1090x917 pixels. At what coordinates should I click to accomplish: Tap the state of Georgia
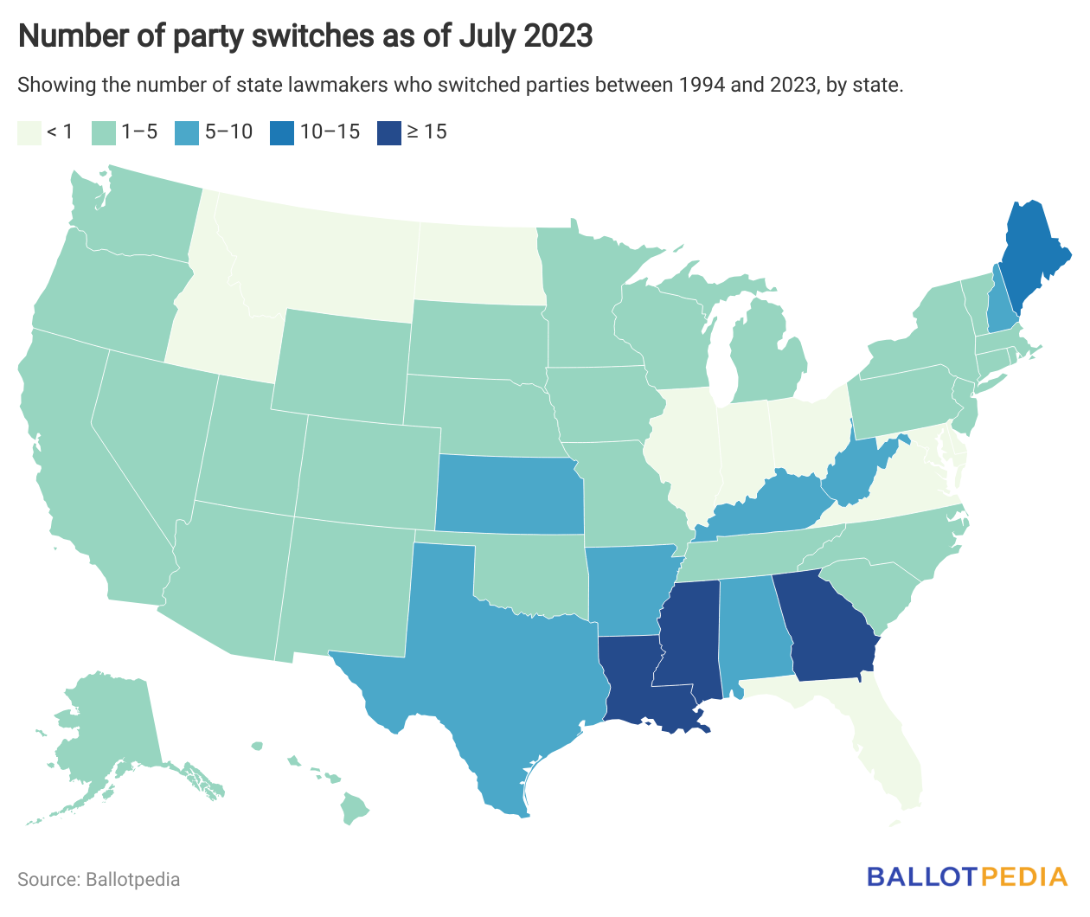pos(826,627)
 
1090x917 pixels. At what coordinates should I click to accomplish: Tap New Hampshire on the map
pos(1002,307)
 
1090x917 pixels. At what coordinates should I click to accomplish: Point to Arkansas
pos(627,588)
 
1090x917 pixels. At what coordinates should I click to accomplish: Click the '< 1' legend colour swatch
pos(29,132)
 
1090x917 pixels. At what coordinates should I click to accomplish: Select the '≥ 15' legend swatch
pos(389,132)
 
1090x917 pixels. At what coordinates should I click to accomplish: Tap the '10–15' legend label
pos(330,132)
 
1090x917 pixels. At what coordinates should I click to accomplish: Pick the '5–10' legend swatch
pos(186,132)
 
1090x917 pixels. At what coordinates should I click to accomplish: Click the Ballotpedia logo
pos(967,877)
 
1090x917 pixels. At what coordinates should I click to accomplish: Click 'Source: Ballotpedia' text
pos(99,880)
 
